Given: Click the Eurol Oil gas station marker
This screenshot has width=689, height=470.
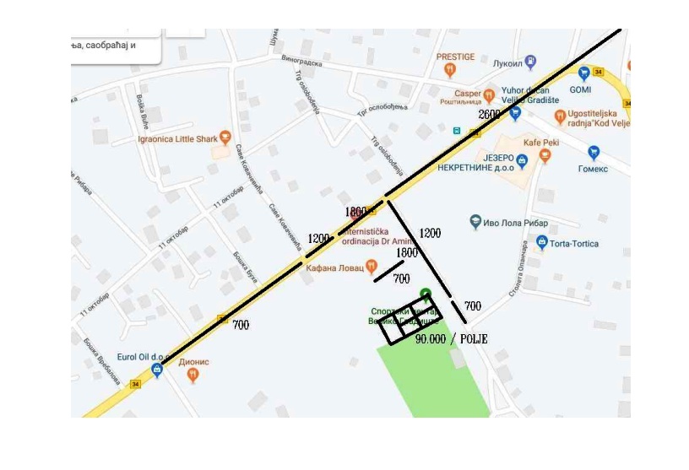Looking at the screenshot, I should pos(156,370).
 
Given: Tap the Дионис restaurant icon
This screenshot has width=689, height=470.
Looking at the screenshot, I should pos(193,374).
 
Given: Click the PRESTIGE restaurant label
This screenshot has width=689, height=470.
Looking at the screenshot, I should pos(455,57).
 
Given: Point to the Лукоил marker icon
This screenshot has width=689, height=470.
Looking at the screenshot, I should pos(530,61).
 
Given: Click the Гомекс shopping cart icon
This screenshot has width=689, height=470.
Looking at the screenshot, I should pos(594,153).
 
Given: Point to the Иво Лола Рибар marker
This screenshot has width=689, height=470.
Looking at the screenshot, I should pos(476,223).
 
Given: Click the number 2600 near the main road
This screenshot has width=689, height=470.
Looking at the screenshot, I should pos(489,114).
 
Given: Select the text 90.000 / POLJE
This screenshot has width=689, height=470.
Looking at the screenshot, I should pos(451,338).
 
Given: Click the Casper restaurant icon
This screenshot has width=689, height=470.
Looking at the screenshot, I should pos(488,94).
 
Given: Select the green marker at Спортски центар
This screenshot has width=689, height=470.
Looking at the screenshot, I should pos(426,294).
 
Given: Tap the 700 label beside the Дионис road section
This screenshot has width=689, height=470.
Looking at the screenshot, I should pos(239,324).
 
